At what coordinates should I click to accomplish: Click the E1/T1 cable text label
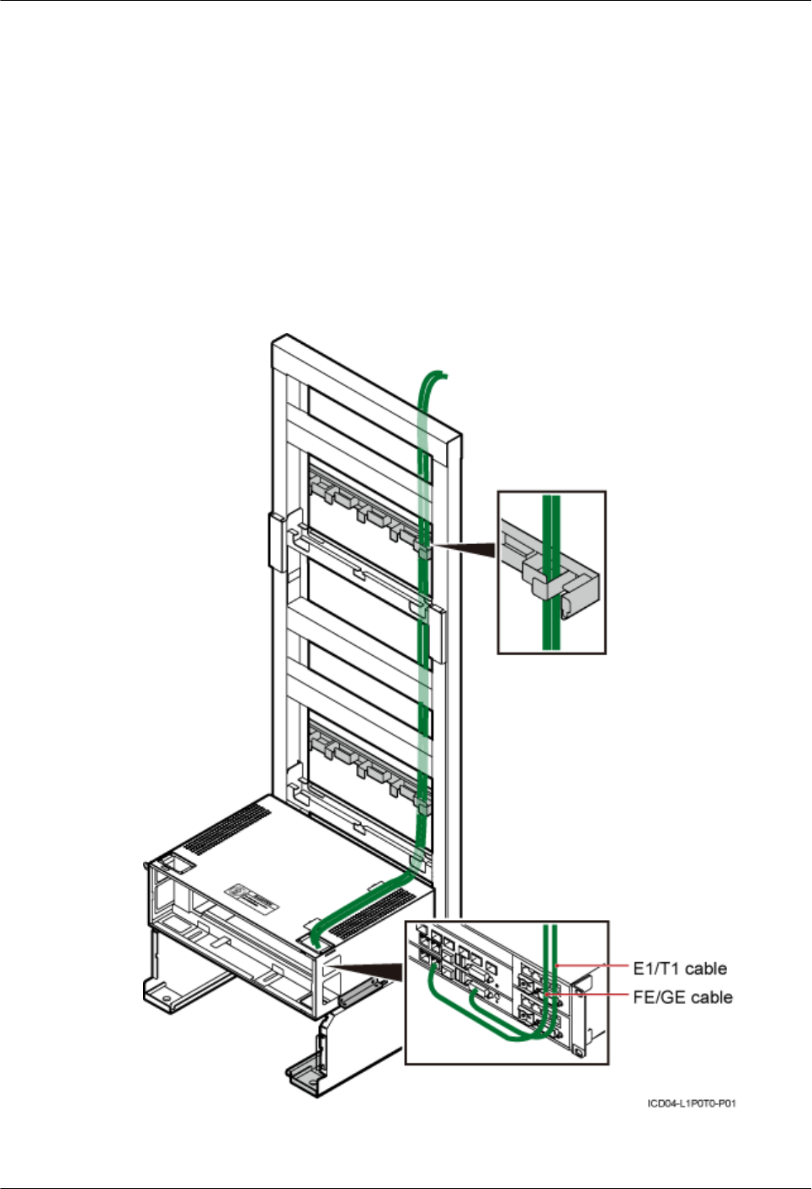tap(679, 968)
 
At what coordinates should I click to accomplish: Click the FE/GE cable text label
tap(682, 997)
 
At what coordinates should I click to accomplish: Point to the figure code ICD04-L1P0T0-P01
tap(692, 1102)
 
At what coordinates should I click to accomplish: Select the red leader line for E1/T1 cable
tap(593, 967)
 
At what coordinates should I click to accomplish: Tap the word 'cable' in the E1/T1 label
tap(706, 968)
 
